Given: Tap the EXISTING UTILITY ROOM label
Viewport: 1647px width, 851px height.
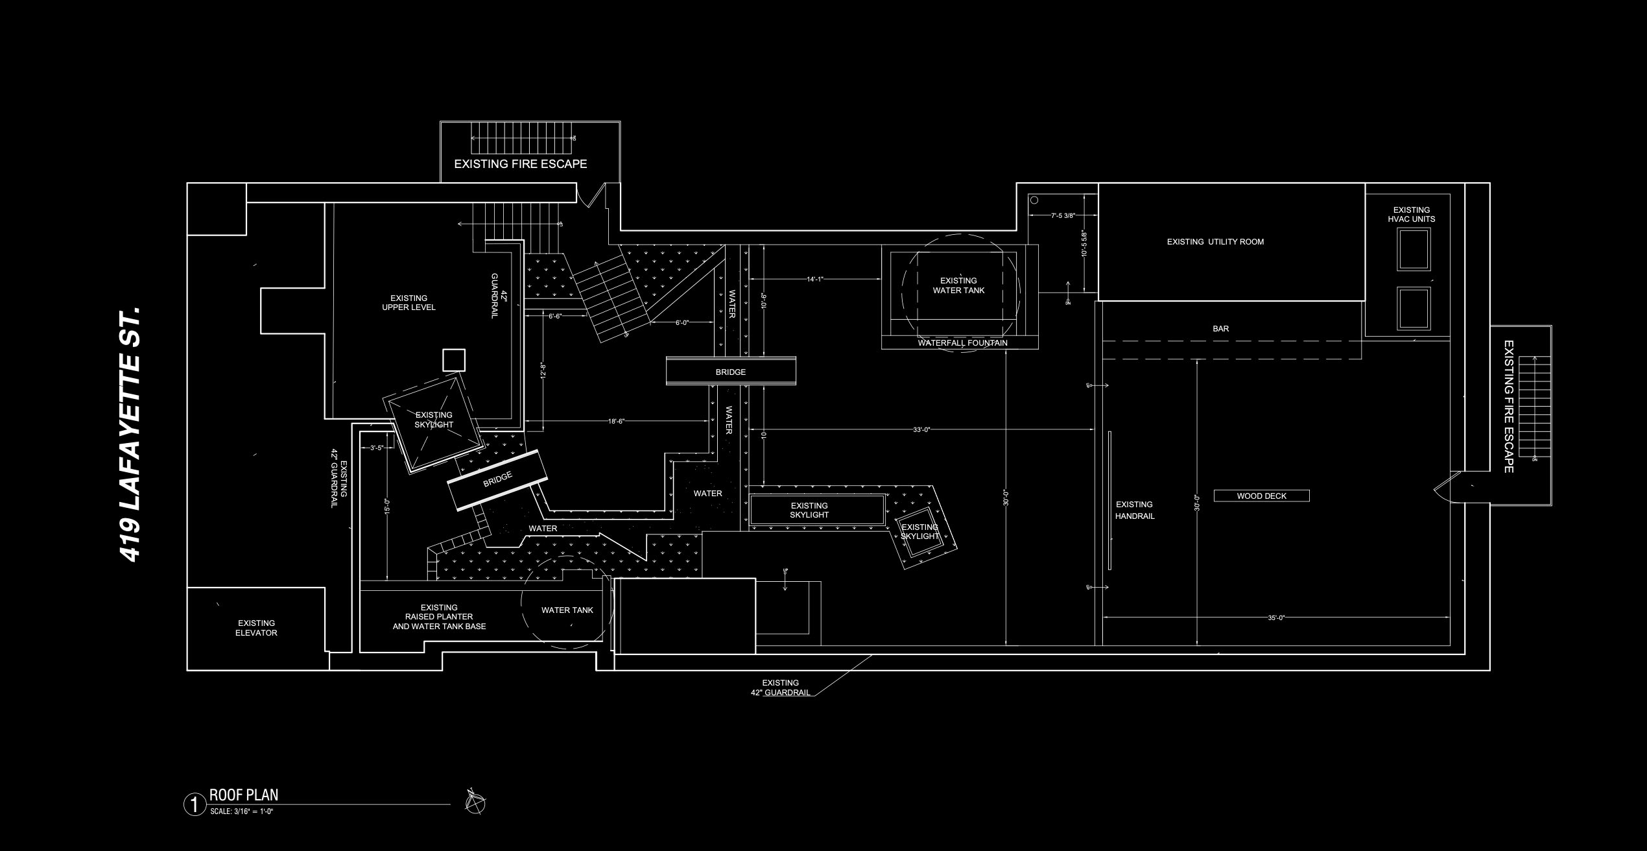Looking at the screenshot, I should point(1215,242).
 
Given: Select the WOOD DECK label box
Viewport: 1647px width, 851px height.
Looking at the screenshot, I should point(1261,496).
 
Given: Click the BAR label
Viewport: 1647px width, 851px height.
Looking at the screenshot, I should point(1220,329).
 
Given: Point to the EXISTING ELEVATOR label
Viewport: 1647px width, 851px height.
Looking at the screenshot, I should point(256,628).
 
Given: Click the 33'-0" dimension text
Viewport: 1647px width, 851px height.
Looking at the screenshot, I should point(921,429).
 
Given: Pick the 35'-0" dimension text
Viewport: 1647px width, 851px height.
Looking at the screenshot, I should point(1276,618).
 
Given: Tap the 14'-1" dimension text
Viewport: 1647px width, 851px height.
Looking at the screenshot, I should point(814,280).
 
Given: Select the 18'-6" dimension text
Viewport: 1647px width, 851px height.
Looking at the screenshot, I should point(616,422).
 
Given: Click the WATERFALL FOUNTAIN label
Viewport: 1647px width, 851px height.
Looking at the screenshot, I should point(962,343).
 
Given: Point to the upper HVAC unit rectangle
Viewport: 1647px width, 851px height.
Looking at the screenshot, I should point(1414,250).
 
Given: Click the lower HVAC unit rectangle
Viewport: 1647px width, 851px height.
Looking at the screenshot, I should point(1414,309).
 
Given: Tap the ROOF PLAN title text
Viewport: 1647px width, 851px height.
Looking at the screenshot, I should point(244,795).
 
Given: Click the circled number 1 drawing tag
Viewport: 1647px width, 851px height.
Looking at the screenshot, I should point(193,805).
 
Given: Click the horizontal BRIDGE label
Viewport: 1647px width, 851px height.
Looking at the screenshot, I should point(731,372).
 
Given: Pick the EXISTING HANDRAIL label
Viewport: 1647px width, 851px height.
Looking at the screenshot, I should point(1134,510).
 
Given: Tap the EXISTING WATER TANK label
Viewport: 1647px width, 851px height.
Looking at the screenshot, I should point(958,286).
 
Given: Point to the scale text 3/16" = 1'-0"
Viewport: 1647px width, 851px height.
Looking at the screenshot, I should point(241,811).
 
